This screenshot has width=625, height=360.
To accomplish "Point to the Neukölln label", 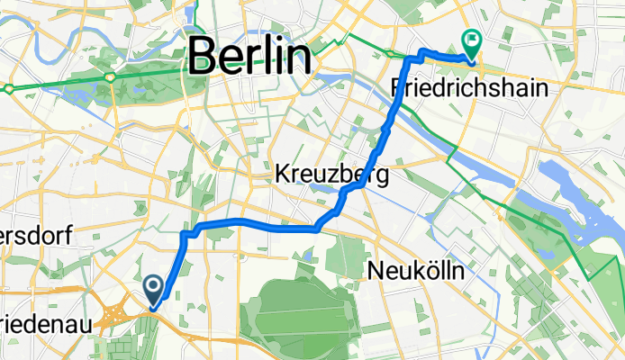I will click(x=415, y=269).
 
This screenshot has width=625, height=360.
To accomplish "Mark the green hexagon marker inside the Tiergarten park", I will click(x=110, y=77).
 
